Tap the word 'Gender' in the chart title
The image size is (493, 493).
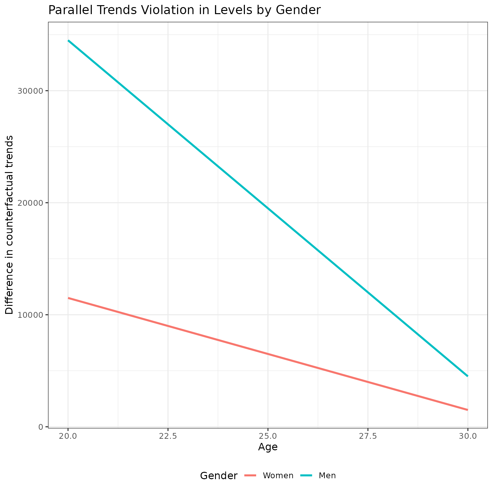tap(298, 10)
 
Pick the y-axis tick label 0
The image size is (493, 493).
tap(41, 427)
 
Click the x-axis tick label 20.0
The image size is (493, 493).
tap(68, 436)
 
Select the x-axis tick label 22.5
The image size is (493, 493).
tap(168, 436)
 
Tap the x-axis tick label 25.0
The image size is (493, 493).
tap(268, 436)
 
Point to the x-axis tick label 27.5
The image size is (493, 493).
tap(368, 436)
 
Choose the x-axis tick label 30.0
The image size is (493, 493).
tap(468, 436)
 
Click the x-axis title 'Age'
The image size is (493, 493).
tap(268, 447)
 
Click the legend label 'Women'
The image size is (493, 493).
tap(278, 476)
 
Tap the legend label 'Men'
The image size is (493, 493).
tap(327, 476)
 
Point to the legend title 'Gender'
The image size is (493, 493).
tap(219, 476)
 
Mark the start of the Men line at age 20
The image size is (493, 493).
tap(68, 41)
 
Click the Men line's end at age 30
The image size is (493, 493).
tap(467, 376)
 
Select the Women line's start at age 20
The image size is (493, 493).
tap(68, 298)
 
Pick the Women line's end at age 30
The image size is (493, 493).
tap(467, 410)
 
